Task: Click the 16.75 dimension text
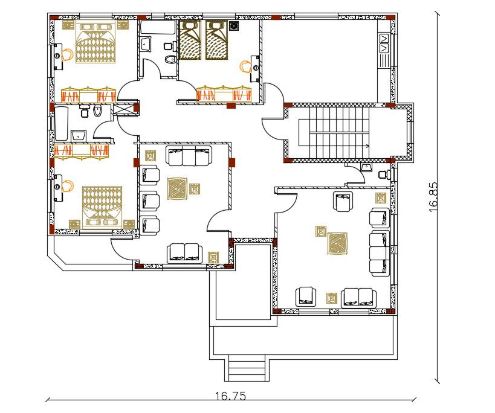[230, 396]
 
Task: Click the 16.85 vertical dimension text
[433, 196]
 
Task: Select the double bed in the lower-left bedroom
[102, 205]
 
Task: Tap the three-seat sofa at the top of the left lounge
[189, 156]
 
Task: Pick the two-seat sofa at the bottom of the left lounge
[184, 252]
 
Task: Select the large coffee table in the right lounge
[338, 243]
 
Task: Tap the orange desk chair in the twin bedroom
[245, 65]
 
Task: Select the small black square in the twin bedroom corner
[233, 25]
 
